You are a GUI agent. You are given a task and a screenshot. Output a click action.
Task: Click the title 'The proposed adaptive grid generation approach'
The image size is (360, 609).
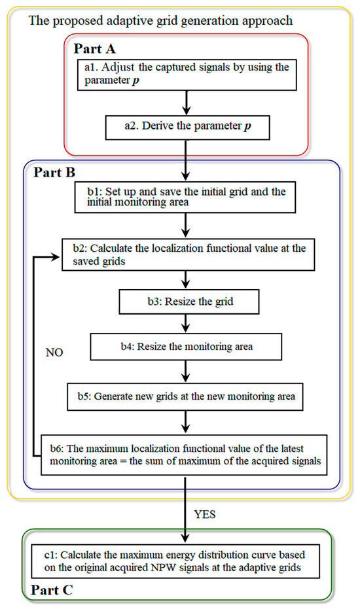coord(161,21)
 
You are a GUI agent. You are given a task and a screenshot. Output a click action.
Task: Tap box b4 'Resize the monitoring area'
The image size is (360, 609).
coord(187,347)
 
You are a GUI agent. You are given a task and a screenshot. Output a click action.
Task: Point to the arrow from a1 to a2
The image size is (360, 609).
coord(187,103)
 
